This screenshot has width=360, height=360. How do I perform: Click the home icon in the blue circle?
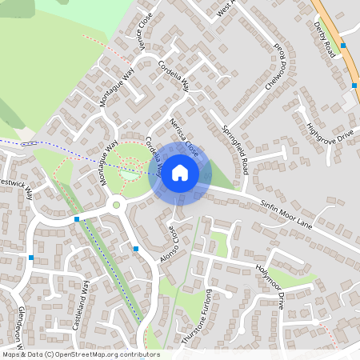tap(180, 173)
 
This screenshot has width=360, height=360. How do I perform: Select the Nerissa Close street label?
tap(185, 136)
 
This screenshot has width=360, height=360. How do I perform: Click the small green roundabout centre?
tap(116, 206)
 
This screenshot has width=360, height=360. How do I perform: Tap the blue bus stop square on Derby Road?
tap(343, 46)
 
